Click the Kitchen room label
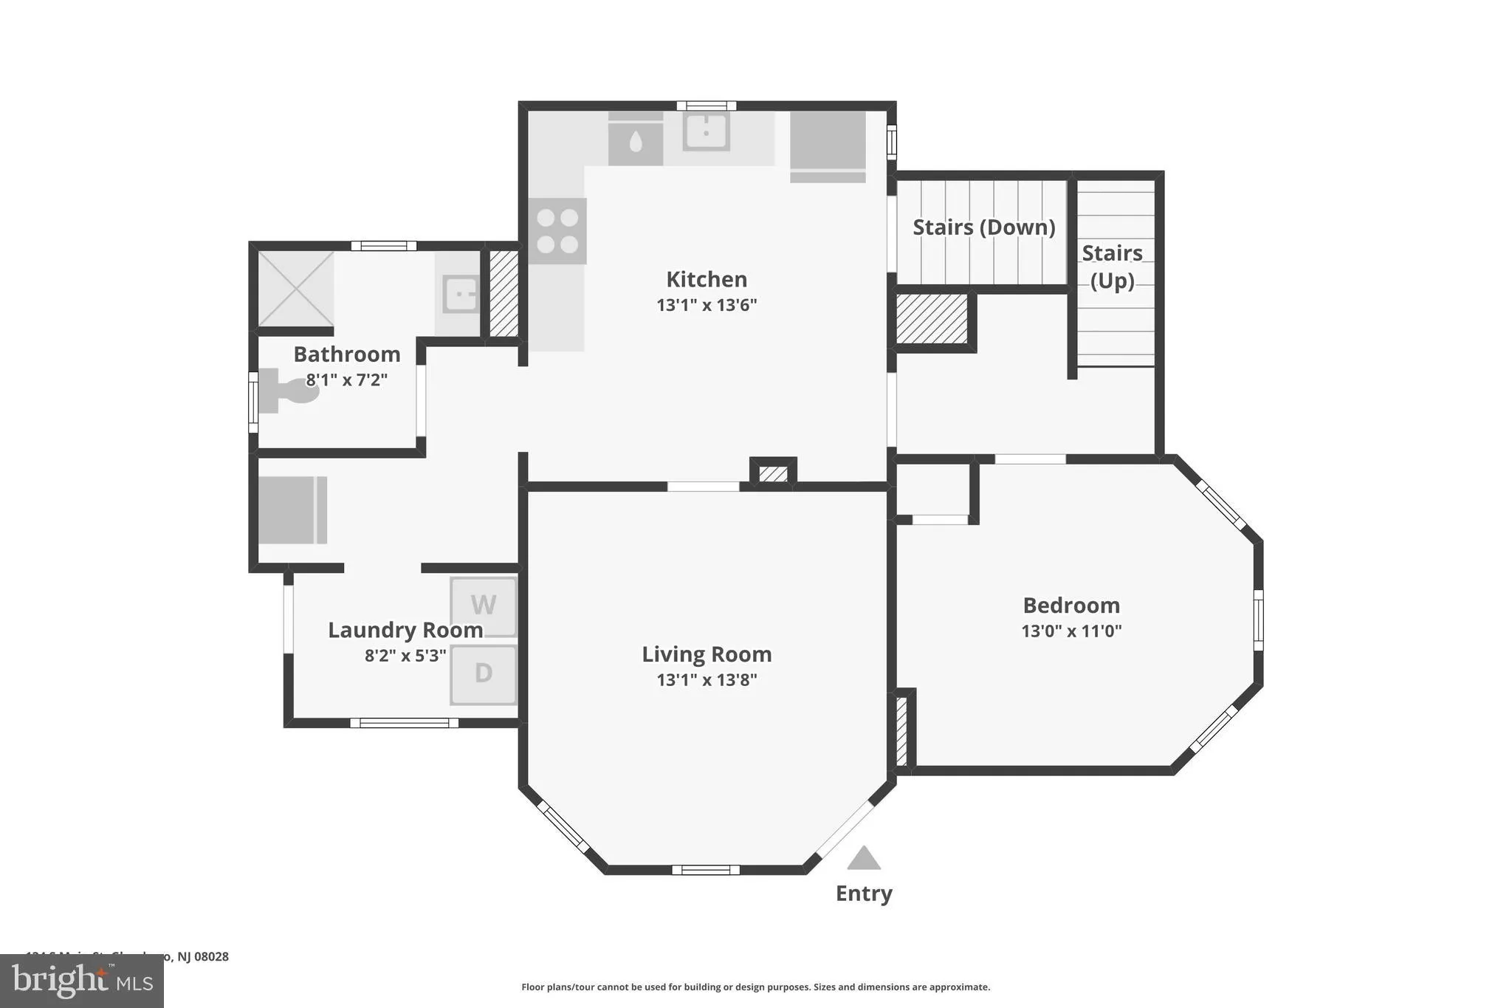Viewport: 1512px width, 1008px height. point(707,279)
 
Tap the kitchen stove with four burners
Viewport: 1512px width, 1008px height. point(557,231)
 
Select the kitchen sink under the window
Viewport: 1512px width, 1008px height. point(706,131)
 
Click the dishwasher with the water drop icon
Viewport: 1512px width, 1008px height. point(636,140)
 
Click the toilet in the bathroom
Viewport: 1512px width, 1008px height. point(288,391)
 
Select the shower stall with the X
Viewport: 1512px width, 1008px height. point(295,289)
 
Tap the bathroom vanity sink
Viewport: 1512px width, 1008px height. point(461,294)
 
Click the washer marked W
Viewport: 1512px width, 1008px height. point(484,606)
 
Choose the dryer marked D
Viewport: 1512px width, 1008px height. point(484,673)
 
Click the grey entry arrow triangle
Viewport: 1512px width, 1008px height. point(864,859)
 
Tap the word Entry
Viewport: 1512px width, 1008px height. point(864,894)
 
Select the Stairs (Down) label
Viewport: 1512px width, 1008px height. point(983,227)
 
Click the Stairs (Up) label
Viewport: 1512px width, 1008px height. point(1112,267)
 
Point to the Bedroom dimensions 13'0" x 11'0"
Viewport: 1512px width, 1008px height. point(1071,631)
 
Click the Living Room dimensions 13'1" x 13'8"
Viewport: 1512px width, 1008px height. point(707,679)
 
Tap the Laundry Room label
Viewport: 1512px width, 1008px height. point(405,630)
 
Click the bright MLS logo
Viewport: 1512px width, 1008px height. point(82,981)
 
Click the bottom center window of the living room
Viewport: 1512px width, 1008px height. point(705,870)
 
